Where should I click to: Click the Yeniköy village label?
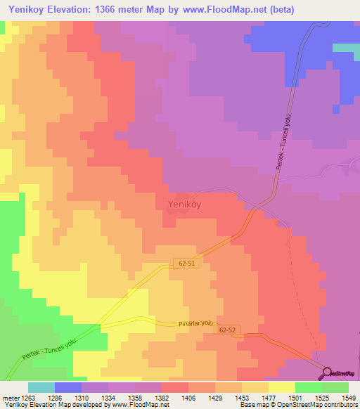click(189, 204)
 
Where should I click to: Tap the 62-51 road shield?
click(185, 263)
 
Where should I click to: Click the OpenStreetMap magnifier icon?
click(328, 373)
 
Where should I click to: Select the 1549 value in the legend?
click(339, 397)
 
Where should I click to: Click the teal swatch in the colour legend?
click(41, 387)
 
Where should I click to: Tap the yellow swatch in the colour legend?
click(282, 387)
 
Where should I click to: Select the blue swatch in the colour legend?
click(68, 387)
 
